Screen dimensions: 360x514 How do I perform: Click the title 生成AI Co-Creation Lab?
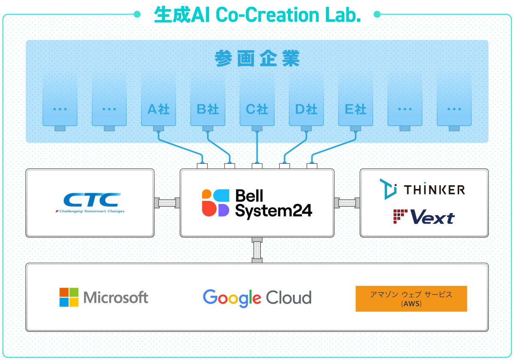[x=257, y=15]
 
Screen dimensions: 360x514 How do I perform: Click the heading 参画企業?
[x=257, y=59]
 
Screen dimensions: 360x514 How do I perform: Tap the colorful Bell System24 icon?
[x=216, y=203]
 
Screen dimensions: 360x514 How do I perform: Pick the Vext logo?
[x=424, y=217]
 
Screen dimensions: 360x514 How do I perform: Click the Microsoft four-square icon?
[x=69, y=297]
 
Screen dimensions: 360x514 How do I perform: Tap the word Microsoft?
[x=116, y=297]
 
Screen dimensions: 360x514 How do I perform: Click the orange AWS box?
[x=411, y=299]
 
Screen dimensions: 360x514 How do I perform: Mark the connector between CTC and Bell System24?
[x=167, y=203]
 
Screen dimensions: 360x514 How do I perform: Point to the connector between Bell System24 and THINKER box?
[x=347, y=203]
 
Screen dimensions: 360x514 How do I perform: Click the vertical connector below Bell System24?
[x=257, y=250]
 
